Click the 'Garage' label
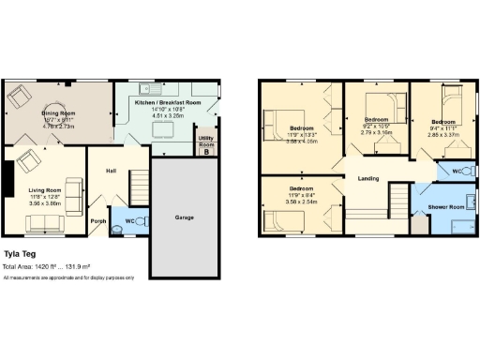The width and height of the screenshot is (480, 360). coord(185,217)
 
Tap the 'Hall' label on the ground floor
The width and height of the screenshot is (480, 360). coord(111,171)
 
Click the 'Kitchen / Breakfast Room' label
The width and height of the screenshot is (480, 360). coord(167,102)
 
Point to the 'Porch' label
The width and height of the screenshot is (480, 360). coord(97,221)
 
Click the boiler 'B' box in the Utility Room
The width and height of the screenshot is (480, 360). coord(206,152)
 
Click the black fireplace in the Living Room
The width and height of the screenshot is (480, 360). coord(7,178)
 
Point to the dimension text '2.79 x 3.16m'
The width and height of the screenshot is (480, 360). coord(376,133)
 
